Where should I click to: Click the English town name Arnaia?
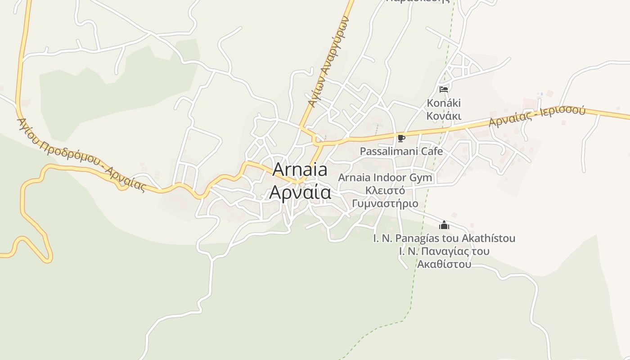coord(300,170)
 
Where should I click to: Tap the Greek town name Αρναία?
coord(300,192)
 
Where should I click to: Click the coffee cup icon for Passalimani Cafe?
coord(401,138)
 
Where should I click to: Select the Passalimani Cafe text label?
coord(401,151)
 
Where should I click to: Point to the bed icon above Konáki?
coord(444,89)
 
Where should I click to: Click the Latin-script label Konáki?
coord(444,103)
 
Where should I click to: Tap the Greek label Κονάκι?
coord(444,116)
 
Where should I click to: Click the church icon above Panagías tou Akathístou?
coord(444,225)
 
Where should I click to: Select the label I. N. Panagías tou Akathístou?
coord(444,238)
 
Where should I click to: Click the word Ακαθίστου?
coord(444,264)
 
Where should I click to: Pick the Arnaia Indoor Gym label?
coord(385,178)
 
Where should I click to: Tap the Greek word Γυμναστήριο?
coord(385,204)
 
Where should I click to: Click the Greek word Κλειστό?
coord(385,190)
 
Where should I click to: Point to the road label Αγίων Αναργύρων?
coord(329,61)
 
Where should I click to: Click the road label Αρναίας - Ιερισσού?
coord(537,116)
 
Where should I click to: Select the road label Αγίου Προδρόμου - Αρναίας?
coord(81,154)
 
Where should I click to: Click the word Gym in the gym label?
coord(420,178)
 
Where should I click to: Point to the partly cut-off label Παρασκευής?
coord(418,2)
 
